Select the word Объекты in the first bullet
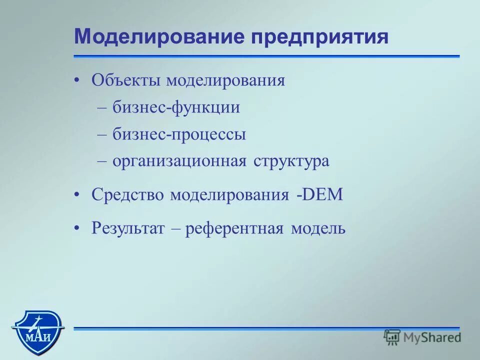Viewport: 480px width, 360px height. click(126, 80)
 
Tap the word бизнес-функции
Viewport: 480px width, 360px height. click(176, 108)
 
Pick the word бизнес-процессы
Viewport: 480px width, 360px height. click(179, 135)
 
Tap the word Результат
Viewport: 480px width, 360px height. click(128, 229)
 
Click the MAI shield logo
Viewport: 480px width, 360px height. click(37, 327)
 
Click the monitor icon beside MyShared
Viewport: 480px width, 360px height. click(392, 337)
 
